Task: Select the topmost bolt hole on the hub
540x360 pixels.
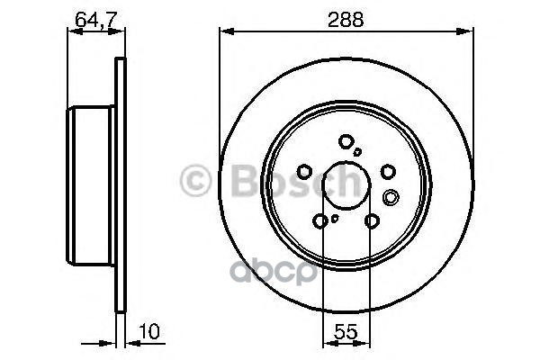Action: coord(346,140)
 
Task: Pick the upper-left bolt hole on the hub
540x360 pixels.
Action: coord(305,171)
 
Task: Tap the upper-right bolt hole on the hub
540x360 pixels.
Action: coord(388,171)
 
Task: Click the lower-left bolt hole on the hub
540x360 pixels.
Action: coord(321,220)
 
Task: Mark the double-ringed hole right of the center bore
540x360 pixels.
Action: coord(391,197)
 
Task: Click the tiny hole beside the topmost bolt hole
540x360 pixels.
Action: coord(358,151)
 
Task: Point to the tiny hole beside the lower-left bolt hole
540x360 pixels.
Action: coord(334,217)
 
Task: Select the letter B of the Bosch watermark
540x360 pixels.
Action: coord(235,183)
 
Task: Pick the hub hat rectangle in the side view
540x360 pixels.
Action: coord(91,181)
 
